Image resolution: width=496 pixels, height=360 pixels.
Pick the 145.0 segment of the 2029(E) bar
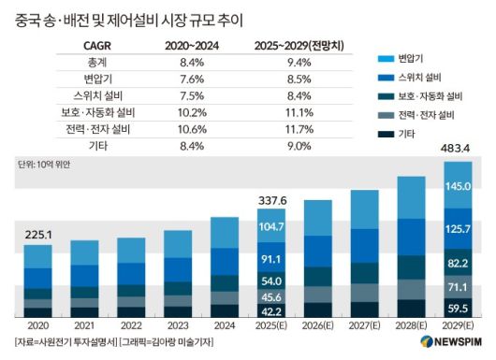coord(458,187)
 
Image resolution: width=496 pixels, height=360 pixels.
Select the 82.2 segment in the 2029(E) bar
coord(458,264)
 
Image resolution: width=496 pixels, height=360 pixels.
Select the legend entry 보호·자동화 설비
coord(430,96)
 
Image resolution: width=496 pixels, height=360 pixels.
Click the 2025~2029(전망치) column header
coord(298,43)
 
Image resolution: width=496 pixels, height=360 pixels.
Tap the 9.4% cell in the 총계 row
coord(298,60)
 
